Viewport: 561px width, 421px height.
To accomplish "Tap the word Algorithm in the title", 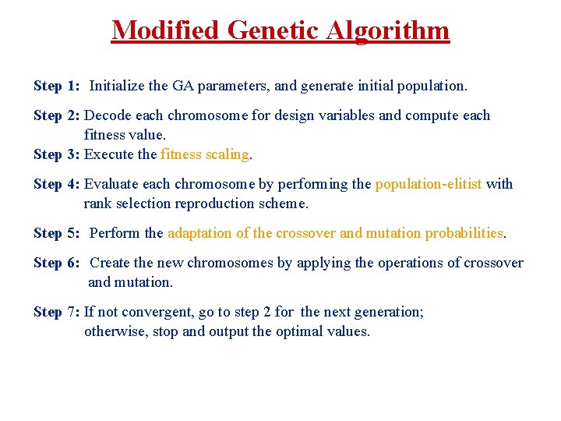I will click(389, 30).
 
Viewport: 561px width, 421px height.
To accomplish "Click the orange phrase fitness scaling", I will click(205, 154).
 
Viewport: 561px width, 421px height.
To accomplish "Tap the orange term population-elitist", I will click(429, 184).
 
